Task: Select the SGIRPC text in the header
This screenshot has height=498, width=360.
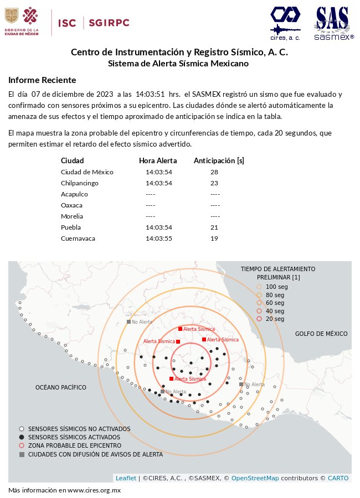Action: [109, 23]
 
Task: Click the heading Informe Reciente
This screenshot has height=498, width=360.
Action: [42, 80]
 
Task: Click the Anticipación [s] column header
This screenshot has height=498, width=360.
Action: [219, 161]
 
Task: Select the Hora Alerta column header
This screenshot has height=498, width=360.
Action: [158, 161]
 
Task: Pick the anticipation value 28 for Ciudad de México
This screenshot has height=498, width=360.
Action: [214, 172]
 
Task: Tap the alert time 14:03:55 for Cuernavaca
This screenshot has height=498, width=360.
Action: [159, 238]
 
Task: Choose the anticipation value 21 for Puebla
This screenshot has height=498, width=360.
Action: [214, 227]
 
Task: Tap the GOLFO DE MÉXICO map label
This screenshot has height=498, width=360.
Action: [321, 334]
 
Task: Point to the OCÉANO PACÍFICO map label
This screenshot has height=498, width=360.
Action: [61, 387]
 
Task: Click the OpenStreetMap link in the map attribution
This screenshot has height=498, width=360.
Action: [255, 478]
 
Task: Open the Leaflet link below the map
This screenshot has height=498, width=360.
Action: [126, 478]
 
